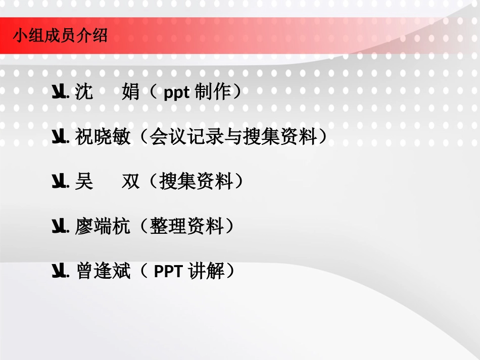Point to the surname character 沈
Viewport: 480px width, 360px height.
click(84, 92)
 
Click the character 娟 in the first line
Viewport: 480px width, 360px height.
click(131, 92)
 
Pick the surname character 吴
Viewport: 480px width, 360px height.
click(84, 182)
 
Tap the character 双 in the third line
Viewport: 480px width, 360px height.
click(131, 182)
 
